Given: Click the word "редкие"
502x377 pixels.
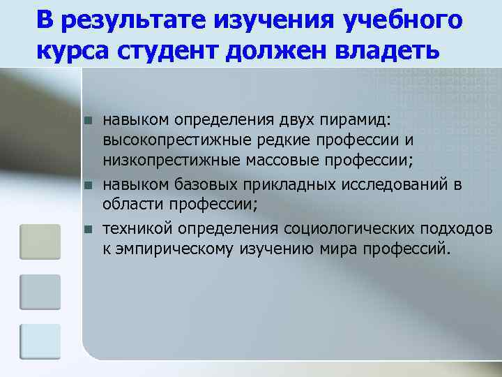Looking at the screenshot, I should point(276,142).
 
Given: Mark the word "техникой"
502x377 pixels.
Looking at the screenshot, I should point(138,229).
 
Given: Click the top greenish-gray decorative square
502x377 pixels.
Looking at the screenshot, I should point(40,240).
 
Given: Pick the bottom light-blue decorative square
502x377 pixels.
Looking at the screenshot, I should point(40,341).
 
